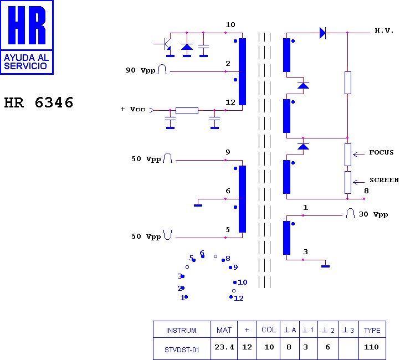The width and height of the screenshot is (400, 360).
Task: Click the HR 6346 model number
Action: (x=39, y=102)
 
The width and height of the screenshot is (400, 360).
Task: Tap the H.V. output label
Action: (x=384, y=30)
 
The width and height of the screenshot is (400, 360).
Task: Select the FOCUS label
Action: (x=381, y=152)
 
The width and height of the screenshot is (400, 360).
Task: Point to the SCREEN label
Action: (x=384, y=180)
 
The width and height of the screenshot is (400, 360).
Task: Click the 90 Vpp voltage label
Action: (x=141, y=70)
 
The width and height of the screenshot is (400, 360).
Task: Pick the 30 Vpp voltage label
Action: (x=373, y=214)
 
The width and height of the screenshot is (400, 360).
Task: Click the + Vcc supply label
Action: (x=132, y=109)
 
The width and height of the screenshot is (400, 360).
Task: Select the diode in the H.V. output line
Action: (x=322, y=33)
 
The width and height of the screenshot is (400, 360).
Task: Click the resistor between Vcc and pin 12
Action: (x=187, y=110)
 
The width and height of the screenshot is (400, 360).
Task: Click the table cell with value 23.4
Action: (x=224, y=347)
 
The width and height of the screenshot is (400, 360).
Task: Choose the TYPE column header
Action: (x=372, y=330)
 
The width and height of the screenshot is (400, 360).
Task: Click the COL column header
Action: (x=269, y=330)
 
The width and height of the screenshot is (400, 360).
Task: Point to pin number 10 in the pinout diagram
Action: (x=243, y=282)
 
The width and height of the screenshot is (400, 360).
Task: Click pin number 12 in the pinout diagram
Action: (x=239, y=299)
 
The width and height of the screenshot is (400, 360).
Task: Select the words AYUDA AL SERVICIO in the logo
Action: (x=26, y=62)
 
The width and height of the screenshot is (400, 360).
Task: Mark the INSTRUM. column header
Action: (x=182, y=331)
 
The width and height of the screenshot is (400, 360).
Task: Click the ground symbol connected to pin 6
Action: (x=198, y=205)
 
